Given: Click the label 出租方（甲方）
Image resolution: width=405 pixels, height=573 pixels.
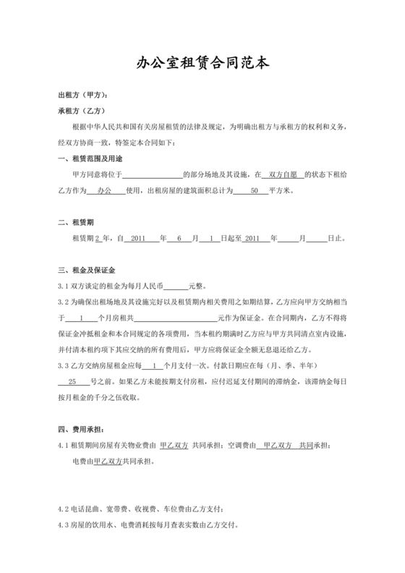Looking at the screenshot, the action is (x=83, y=95).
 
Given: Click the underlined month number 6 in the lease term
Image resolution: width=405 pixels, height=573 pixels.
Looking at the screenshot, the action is (x=179, y=238).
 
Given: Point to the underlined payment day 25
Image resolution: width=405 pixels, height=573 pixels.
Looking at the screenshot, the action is (x=72, y=381).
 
